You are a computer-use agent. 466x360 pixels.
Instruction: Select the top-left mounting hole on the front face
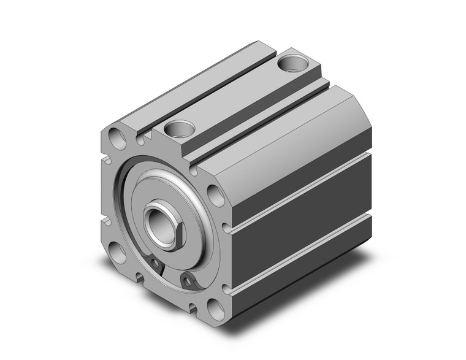click(x=116, y=136)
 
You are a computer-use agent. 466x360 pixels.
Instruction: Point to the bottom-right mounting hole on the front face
click(x=215, y=306)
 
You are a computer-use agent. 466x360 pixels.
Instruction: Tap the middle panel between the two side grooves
click(x=300, y=196)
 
